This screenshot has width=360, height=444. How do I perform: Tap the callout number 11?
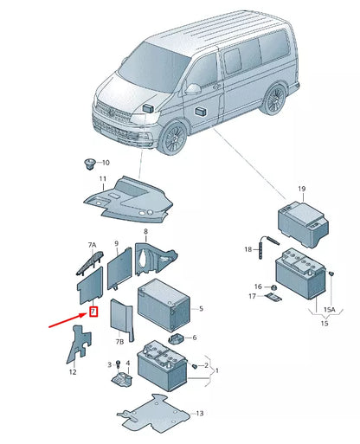point(102,179)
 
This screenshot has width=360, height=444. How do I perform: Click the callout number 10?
point(106,163)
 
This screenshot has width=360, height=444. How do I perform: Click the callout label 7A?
point(93,247)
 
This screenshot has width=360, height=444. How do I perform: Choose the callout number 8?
point(145,233)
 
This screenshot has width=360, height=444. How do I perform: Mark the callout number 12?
point(74,372)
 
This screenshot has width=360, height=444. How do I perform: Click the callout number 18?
point(247,249)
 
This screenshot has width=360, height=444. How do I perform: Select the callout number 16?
point(257,286)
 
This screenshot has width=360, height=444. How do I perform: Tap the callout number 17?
point(253,297)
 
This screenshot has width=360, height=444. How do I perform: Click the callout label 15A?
point(329,309)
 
